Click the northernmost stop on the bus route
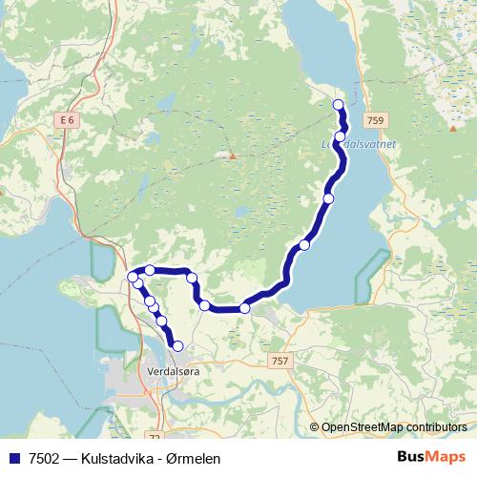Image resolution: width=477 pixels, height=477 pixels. pos(337,104)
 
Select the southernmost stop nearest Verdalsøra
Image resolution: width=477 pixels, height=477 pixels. pos(177,345)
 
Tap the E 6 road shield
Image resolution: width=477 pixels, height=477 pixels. pos(65,120)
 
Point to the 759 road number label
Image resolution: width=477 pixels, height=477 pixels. pos(375,120)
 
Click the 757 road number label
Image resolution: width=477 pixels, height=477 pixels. pos(280,361)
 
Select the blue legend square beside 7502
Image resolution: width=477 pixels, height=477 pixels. pos(12,457)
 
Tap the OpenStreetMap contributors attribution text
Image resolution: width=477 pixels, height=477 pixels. pos(394,426)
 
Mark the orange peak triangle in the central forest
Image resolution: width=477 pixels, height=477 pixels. pos(232,155)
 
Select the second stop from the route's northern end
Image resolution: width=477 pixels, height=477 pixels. pos(341,136)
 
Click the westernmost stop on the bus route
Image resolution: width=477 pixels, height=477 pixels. pos(133,276)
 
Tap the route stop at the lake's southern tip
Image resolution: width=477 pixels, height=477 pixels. pos(245,307)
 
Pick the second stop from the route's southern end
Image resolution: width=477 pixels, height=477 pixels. pos(161,321)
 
